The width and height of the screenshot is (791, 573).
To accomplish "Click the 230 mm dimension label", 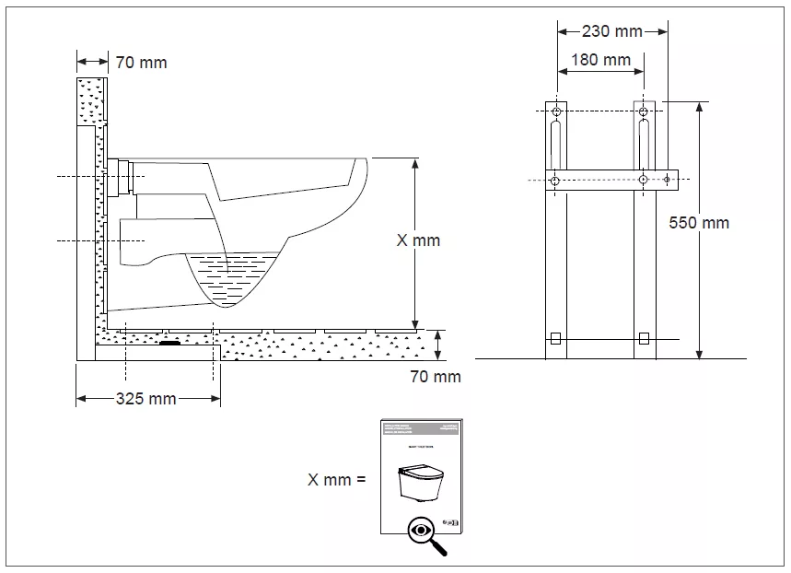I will pyautogui.click(x=612, y=31).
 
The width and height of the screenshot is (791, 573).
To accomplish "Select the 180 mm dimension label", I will pyautogui.click(x=600, y=60).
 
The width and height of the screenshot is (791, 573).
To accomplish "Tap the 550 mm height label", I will pyautogui.click(x=700, y=223).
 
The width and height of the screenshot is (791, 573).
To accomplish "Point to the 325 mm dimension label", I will pyautogui.click(x=145, y=399).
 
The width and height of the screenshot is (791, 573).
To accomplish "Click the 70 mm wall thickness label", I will pyautogui.click(x=141, y=63).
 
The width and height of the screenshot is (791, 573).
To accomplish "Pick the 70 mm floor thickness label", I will pyautogui.click(x=435, y=376).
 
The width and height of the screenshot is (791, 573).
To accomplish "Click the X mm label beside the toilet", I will pyautogui.click(x=418, y=240).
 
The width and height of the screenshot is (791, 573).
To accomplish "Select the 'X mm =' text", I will pyautogui.click(x=337, y=479).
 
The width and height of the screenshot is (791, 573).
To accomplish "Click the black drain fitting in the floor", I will pyautogui.click(x=170, y=345).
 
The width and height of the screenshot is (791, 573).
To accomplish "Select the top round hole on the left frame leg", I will pyautogui.click(x=554, y=112).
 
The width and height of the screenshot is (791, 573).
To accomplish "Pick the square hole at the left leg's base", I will pyautogui.click(x=554, y=337).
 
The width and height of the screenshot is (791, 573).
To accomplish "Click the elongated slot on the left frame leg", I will pyautogui.click(x=554, y=146).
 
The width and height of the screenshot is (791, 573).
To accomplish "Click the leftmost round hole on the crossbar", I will pyautogui.click(x=554, y=181).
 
